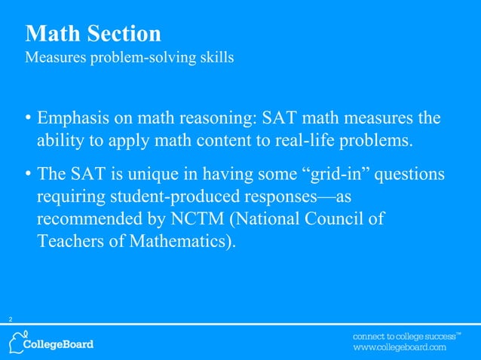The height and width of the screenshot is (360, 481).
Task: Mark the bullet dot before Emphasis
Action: tap(28, 120)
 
